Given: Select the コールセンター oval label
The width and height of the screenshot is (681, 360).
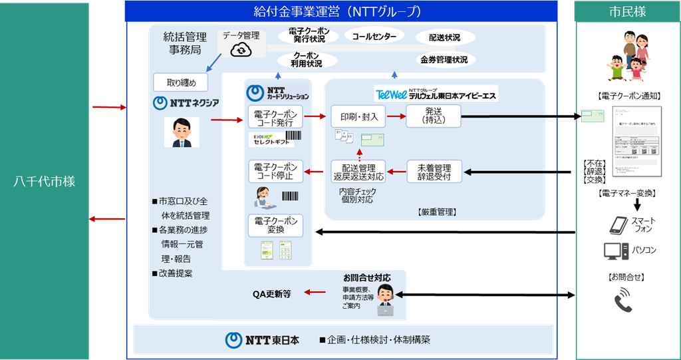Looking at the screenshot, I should pyautogui.click(x=374, y=36).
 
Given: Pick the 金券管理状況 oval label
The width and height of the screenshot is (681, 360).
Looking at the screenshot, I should pyautogui.click(x=444, y=60).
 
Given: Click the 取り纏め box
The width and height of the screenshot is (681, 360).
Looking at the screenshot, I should pyautogui.click(x=180, y=83).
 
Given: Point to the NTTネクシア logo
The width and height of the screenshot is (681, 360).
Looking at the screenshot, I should pyautogui.click(x=186, y=103).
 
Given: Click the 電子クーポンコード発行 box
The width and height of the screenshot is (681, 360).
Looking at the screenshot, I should pyautogui.click(x=275, y=117).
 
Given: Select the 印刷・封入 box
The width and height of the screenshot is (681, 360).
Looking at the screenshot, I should pyautogui.click(x=358, y=117).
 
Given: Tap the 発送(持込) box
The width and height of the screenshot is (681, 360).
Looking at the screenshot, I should pyautogui.click(x=433, y=116).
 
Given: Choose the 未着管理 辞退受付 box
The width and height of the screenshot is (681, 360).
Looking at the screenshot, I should pyautogui.click(x=434, y=172).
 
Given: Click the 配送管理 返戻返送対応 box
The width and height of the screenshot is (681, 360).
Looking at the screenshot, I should pyautogui.click(x=358, y=172).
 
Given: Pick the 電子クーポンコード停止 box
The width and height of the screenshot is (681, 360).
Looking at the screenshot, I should pyautogui.click(x=275, y=172).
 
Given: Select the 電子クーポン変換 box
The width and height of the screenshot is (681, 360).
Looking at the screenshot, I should pyautogui.click(x=275, y=225).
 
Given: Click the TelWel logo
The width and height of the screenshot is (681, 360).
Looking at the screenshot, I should pyautogui.click(x=390, y=94).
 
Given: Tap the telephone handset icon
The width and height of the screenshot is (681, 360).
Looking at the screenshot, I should pyautogui.click(x=623, y=299).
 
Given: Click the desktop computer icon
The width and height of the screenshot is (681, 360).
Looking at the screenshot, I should pyautogui.click(x=616, y=251).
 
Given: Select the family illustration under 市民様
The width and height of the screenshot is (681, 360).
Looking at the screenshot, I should pyautogui.click(x=629, y=56).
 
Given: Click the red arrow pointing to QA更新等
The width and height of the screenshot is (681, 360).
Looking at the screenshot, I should pyautogui.click(x=320, y=292).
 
